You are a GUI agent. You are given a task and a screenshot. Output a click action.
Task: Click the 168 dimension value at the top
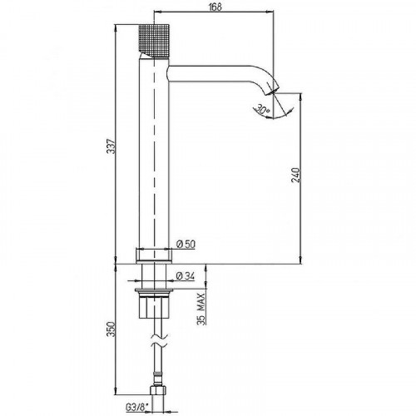point(215,7)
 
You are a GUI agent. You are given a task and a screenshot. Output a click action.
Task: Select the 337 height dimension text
point(111,146)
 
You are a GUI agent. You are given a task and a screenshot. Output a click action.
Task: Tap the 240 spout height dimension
point(296,175)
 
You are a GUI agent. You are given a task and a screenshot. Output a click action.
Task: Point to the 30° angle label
point(262,108)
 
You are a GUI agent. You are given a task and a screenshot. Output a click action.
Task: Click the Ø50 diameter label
point(186,244)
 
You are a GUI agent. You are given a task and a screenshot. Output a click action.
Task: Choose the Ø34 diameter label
point(186,276)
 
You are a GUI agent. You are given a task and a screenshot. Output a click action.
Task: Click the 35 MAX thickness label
point(201,309)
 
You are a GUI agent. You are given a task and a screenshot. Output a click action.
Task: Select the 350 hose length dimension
point(111,329)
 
